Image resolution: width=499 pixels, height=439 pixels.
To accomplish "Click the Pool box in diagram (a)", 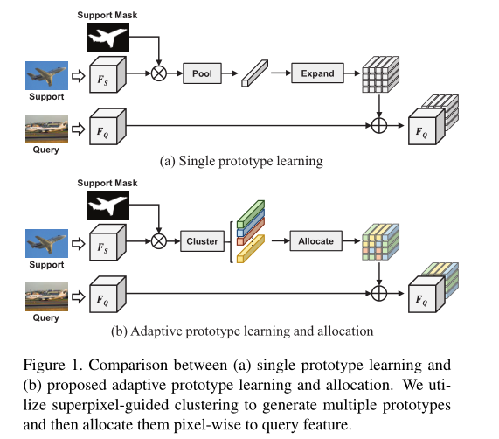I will point(202,74).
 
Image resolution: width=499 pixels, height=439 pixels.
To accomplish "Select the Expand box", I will point(317,74).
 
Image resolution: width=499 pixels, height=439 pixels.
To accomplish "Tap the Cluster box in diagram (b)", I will point(203,240).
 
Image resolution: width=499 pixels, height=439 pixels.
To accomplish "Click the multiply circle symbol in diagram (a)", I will point(159,74).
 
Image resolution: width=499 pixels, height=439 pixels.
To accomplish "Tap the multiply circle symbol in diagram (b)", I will point(159,240).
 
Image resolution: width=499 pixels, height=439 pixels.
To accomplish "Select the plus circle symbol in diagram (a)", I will point(379,127).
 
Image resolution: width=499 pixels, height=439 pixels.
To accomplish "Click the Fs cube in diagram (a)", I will point(107,76).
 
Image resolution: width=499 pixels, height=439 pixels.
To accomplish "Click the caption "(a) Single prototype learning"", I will point(241,161).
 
